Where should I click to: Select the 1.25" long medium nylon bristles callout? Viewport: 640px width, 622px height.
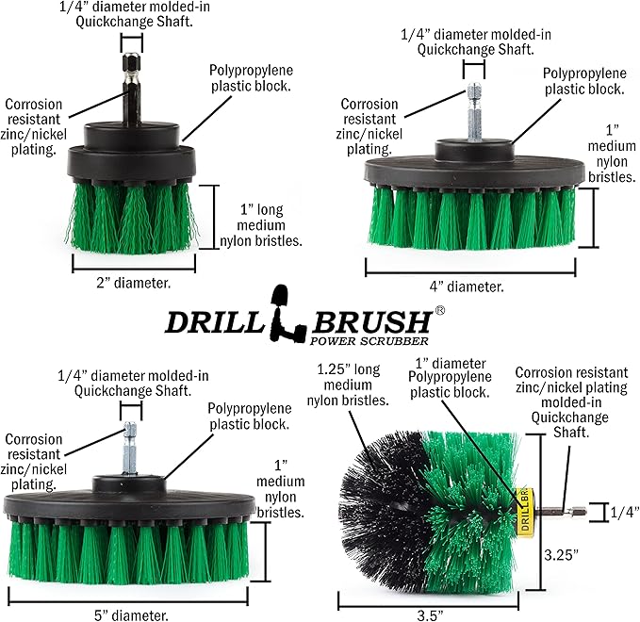tap(351, 385)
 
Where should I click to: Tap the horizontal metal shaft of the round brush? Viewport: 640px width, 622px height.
tap(550, 512)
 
